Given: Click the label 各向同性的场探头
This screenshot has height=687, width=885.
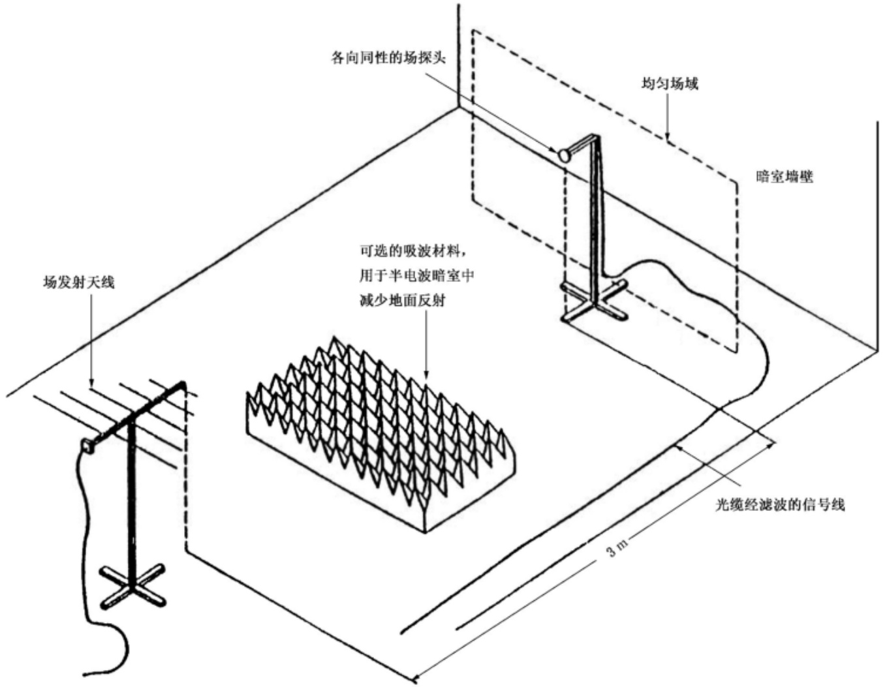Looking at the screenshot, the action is click(x=388, y=59).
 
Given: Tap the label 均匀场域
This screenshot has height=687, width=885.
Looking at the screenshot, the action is click(x=670, y=84).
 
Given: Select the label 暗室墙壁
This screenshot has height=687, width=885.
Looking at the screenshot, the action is click(x=784, y=177).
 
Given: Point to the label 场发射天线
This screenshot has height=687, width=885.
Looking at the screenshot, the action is click(x=79, y=282).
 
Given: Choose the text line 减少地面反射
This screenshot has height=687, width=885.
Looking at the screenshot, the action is click(x=402, y=301).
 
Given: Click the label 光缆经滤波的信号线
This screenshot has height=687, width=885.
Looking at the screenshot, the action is click(x=780, y=505).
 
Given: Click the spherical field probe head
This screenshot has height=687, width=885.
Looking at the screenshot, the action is click(x=564, y=155).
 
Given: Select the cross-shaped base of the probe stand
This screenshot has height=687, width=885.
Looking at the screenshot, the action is click(x=593, y=301).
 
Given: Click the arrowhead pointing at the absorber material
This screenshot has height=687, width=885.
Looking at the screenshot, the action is click(x=426, y=373).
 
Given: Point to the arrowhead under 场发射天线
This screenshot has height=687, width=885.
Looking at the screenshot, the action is click(x=91, y=382).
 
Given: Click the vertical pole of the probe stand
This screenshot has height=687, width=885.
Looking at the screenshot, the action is click(x=595, y=220).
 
